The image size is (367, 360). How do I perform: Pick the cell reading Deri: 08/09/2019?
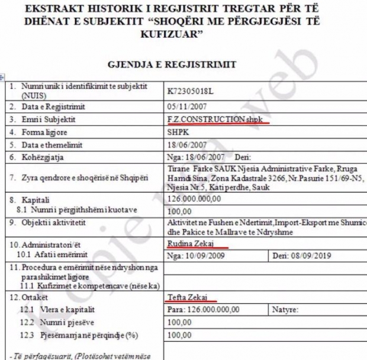pos(302,255)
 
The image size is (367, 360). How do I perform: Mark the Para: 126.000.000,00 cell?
pos(203,309)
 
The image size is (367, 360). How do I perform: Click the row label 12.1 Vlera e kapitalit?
pos(57,309)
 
